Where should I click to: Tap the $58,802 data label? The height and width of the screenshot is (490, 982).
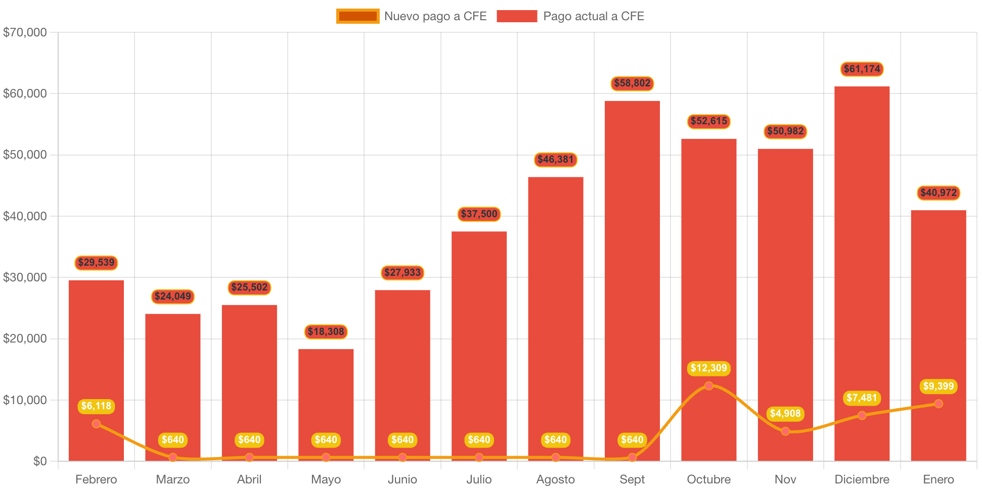[x=632, y=83]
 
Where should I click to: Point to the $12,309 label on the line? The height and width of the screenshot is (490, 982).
[x=708, y=368]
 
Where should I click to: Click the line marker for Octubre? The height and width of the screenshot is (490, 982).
[x=708, y=386]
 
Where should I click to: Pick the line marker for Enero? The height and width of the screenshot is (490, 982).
[x=939, y=404]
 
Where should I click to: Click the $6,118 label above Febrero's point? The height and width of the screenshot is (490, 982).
[x=96, y=406]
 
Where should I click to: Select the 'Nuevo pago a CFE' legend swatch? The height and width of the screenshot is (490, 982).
[x=358, y=16]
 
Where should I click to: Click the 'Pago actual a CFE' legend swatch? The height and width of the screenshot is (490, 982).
[x=516, y=16]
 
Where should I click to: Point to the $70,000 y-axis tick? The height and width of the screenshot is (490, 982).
[x=25, y=32]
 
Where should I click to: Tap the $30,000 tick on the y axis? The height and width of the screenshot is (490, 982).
[x=25, y=277]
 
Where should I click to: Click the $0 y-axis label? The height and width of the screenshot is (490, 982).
[x=39, y=461]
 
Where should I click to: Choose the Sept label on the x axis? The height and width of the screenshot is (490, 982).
[x=632, y=479]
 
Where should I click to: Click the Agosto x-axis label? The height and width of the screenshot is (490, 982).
[x=555, y=479]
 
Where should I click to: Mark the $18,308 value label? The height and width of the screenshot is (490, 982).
[x=326, y=332]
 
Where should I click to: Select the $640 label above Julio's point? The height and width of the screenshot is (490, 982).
[x=479, y=440]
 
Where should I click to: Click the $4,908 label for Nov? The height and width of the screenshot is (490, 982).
[x=785, y=414]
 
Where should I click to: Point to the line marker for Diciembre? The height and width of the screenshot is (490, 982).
[x=862, y=415]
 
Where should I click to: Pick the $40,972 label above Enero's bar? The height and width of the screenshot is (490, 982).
[x=939, y=193]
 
